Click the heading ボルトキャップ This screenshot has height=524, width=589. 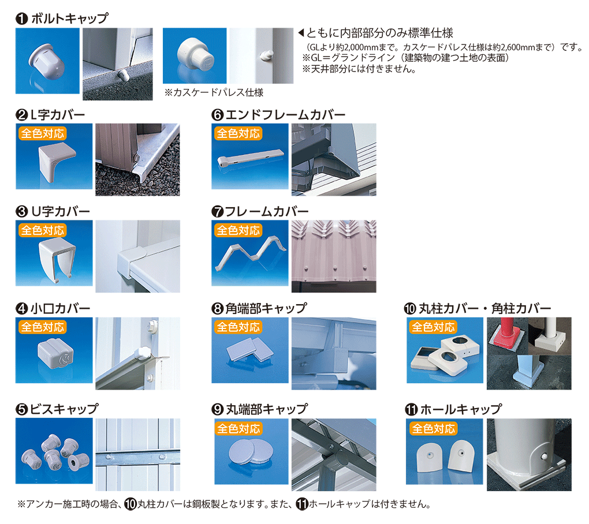pos(69,18)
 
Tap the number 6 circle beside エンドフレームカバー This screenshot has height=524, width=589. pos(218,115)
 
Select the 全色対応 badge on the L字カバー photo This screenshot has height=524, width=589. pos(43,133)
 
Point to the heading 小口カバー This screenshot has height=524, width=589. pos(60,309)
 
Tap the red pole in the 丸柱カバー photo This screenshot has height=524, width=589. pos(507,326)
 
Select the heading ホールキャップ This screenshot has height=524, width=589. pos(461,409)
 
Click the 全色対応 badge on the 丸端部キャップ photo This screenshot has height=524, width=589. pos(238,428)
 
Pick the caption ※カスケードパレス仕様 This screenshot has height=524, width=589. pos(214,92)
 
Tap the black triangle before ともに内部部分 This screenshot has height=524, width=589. pos(301,33)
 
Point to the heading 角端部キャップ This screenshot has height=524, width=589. pos(266,309)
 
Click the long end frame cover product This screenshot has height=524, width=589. pos(250,158)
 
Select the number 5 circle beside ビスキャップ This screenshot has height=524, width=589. pos(22,409)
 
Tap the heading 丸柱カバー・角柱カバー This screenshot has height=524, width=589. pos(485,309)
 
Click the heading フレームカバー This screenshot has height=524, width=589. pos(267,212)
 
